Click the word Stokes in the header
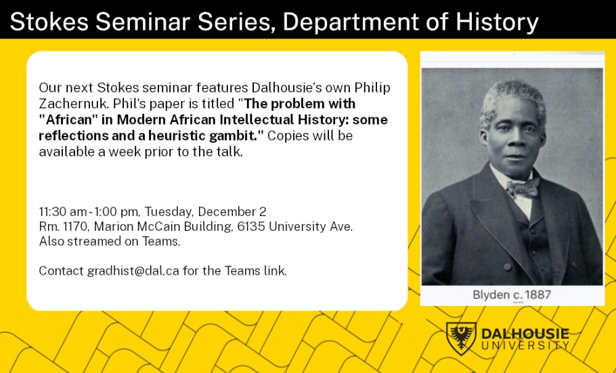(49, 21)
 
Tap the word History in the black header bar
(497, 22)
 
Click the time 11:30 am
(63, 211)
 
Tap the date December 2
(232, 211)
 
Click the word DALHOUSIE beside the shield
(525, 334)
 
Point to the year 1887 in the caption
(537, 294)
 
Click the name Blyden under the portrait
(491, 294)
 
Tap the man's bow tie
(523, 188)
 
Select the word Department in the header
(351, 22)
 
